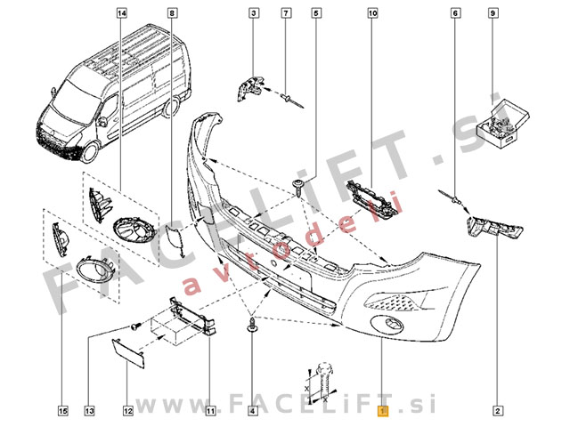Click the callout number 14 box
tap(122, 13)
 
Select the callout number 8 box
tap(172, 13)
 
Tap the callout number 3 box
tap(253, 13)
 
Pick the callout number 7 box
tap(286, 13)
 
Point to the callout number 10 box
tap(372, 13)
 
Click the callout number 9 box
tap(493, 13)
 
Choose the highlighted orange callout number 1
tap(383, 411)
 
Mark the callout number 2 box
tap(497, 411)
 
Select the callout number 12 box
tap(128, 411)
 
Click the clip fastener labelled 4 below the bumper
tap(252, 325)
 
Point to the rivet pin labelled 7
tap(292, 101)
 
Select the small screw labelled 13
tap(135, 326)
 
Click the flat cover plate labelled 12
tap(128, 352)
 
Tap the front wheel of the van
tap(89, 152)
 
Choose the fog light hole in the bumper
tap(387, 323)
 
